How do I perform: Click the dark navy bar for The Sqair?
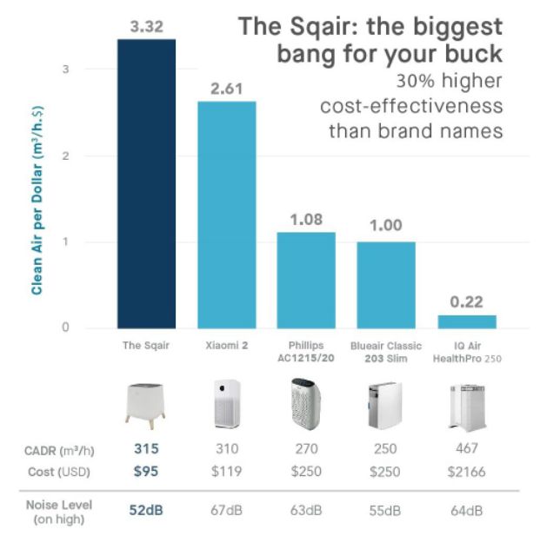pyautogui.click(x=147, y=182)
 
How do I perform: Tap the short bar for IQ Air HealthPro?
pyautogui.click(x=466, y=321)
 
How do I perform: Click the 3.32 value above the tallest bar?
pyautogui.click(x=147, y=26)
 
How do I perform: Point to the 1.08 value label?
pyautogui.click(x=306, y=219)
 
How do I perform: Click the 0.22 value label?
pyautogui.click(x=466, y=302)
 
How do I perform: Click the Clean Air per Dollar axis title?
pyautogui.click(x=37, y=201)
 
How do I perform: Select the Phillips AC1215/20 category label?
pyautogui.click(x=306, y=351)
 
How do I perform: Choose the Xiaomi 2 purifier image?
pyautogui.click(x=226, y=404)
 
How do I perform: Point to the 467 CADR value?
pyautogui.click(x=465, y=449)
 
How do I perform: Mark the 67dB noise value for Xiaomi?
pyautogui.click(x=226, y=511)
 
